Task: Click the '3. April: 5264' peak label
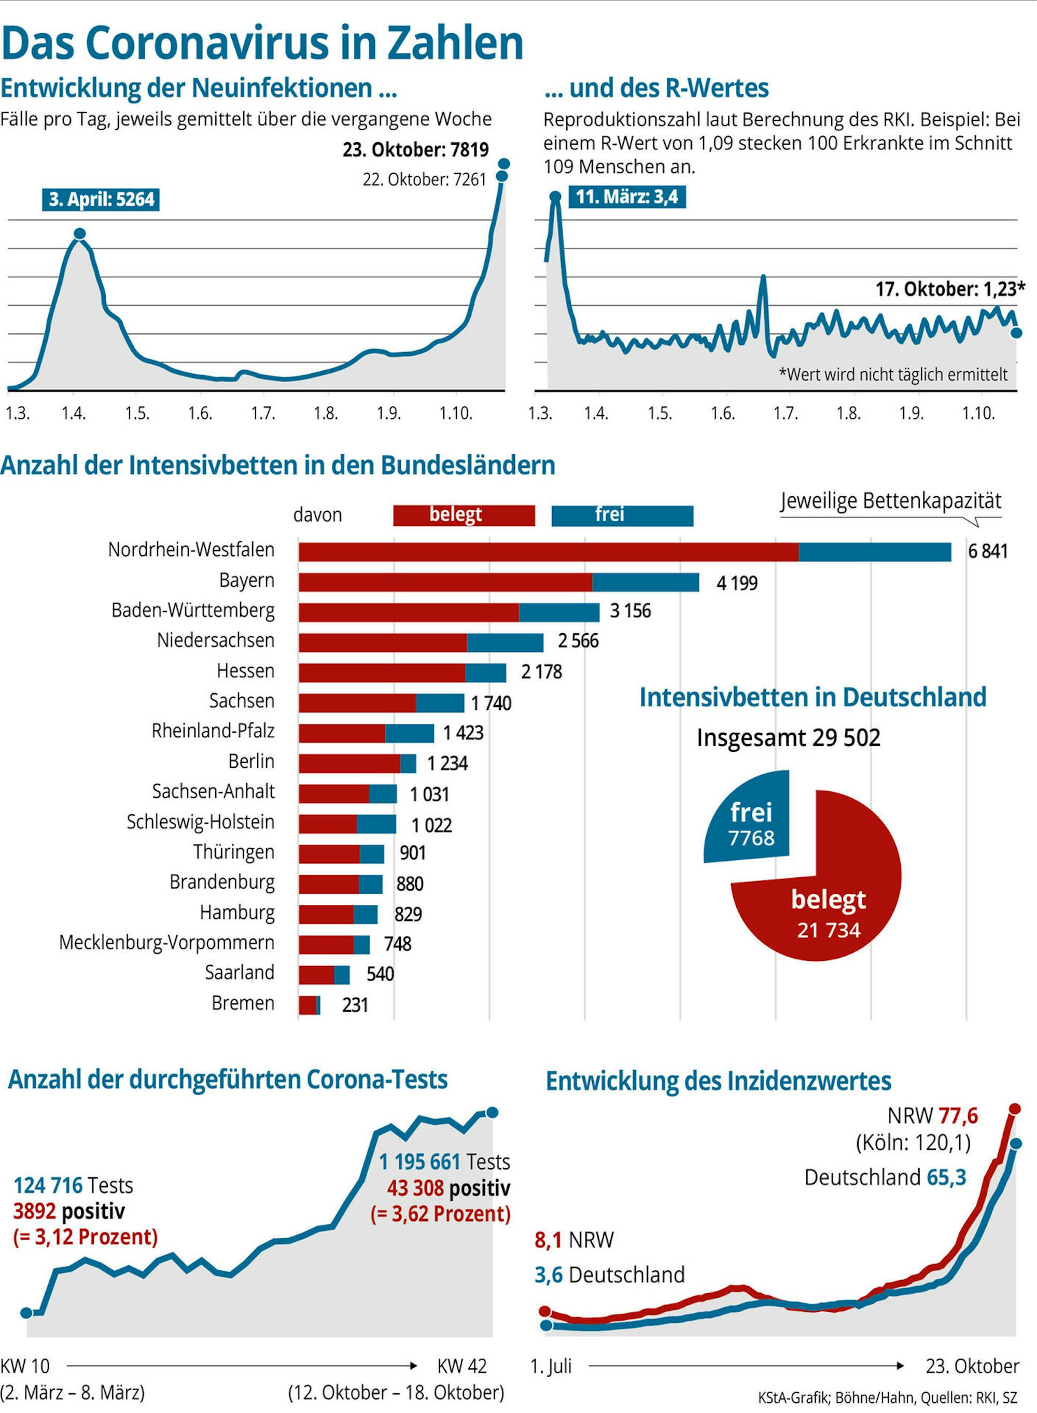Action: click(x=101, y=200)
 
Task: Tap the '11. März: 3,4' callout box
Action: click(x=626, y=197)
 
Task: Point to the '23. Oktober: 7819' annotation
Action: click(x=415, y=150)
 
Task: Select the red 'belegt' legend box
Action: click(x=464, y=515)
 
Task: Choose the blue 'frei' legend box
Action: click(x=622, y=515)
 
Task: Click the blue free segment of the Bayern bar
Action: click(x=646, y=582)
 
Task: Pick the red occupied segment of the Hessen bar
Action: click(x=382, y=673)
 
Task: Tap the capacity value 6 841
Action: click(x=987, y=551)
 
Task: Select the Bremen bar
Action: click(x=309, y=1005)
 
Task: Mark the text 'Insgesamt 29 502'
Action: click(x=789, y=737)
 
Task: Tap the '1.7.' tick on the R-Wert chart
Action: click(x=786, y=413)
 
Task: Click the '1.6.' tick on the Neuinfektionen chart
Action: click(x=200, y=413)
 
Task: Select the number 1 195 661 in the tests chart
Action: click(x=420, y=1162)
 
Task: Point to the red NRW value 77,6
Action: click(x=958, y=1115)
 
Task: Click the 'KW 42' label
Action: click(x=462, y=1366)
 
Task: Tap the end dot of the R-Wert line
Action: click(x=1016, y=332)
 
